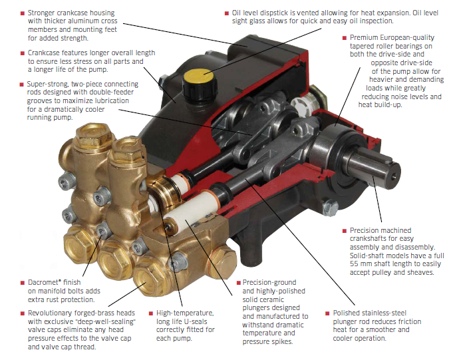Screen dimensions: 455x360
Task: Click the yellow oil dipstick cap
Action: pos(199,76)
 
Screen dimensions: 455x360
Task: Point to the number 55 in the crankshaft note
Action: pos(354,264)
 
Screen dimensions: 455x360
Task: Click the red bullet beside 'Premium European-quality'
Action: pos(345,38)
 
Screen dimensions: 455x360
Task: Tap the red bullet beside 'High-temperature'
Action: pos(151,313)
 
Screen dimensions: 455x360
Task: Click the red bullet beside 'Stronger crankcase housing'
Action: pos(23,13)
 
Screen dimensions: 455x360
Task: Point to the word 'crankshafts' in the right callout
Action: pos(367,239)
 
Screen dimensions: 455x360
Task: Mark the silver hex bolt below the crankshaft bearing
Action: pos(330,207)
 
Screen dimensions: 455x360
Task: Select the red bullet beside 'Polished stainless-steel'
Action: pos(327,313)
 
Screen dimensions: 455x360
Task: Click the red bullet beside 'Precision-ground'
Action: pos(239,283)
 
